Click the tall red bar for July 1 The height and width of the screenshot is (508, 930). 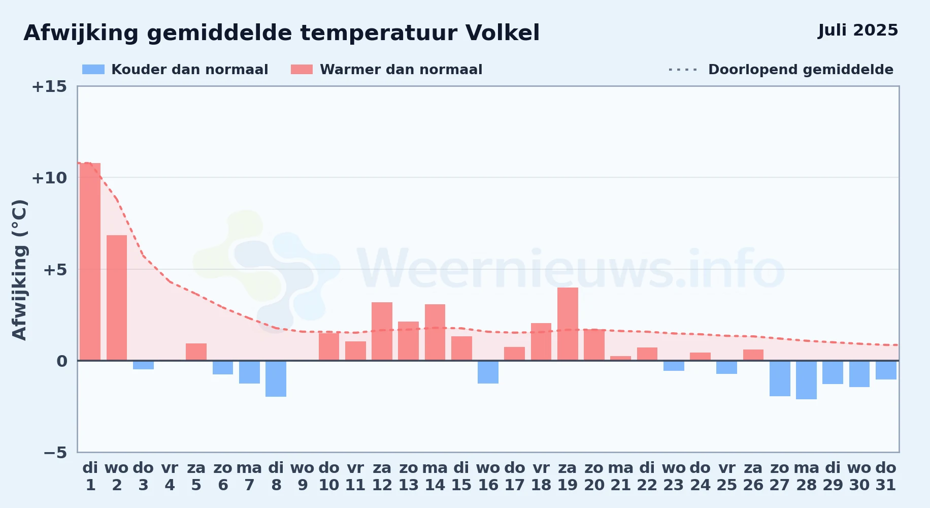click(x=90, y=262)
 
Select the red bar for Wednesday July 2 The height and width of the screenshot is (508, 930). click(x=117, y=298)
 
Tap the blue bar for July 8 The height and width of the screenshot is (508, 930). click(x=276, y=378)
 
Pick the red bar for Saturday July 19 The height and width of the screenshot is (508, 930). click(x=568, y=324)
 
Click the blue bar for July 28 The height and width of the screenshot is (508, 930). click(x=806, y=380)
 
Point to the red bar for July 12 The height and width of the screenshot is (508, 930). click(x=382, y=331)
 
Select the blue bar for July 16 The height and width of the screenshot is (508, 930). click(x=488, y=372)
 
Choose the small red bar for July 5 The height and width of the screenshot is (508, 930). click(x=196, y=352)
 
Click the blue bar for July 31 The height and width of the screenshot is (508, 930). click(x=886, y=370)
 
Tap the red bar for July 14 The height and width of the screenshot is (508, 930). click(x=435, y=332)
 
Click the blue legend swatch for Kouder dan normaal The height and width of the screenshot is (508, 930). click(x=93, y=70)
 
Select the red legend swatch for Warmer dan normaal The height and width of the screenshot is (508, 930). click(x=302, y=70)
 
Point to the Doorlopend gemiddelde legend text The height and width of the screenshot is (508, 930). click(x=801, y=70)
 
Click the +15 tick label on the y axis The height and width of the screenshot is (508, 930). click(x=49, y=86)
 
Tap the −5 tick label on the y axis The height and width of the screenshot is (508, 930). click(x=55, y=452)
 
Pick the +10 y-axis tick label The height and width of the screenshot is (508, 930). click(x=49, y=178)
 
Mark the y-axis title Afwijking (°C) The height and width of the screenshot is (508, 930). click(x=19, y=269)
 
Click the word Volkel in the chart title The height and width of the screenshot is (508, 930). click(x=503, y=33)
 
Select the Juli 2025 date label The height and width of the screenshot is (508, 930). click(x=858, y=30)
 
